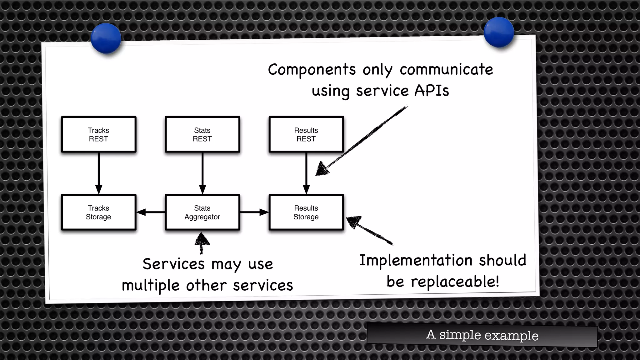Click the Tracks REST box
[98, 134]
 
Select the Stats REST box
[202, 134]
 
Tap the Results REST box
[306, 134]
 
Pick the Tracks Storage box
[98, 212]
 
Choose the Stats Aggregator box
[202, 212]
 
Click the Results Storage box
[306, 212]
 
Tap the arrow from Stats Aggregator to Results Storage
[254, 212]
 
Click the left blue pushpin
[106, 38]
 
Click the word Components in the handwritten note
[312, 69]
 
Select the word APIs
[432, 91]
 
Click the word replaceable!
[455, 282]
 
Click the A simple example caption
[482, 335]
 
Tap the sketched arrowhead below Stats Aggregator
[202, 240]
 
